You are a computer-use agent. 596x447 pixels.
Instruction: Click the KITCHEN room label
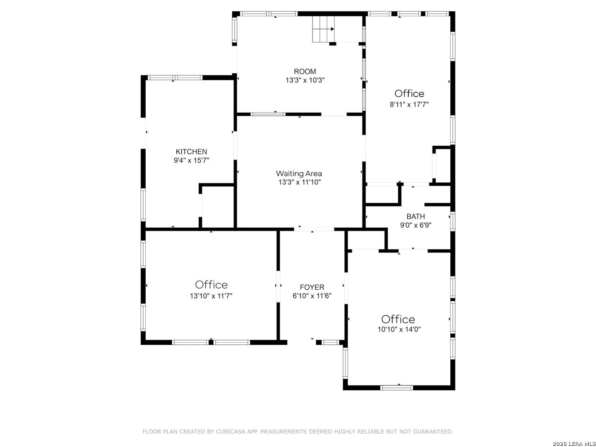[191, 151]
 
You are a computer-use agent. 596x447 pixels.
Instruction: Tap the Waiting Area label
[299, 173]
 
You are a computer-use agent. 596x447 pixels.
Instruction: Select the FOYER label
[312, 287]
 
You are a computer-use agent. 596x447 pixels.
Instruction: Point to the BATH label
[416, 216]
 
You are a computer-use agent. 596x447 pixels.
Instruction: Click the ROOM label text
[305, 71]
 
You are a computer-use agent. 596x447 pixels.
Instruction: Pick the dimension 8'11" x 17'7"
[409, 104]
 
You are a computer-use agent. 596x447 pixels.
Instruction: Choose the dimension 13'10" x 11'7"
[211, 296]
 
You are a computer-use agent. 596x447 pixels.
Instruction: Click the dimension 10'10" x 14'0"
[399, 329]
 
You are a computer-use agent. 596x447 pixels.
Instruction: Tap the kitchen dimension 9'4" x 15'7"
[191, 160]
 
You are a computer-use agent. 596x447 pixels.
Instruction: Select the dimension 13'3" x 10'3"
[305, 80]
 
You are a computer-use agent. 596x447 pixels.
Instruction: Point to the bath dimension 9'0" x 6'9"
[416, 225]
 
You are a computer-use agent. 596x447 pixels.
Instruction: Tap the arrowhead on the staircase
[332, 29]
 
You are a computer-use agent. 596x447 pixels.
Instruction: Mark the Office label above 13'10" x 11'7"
[211, 284]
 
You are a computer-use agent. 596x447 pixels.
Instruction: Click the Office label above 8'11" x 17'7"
[409, 94]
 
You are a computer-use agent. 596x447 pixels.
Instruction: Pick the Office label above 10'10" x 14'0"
[398, 319]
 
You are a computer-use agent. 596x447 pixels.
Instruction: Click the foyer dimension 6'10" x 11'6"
[312, 296]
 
